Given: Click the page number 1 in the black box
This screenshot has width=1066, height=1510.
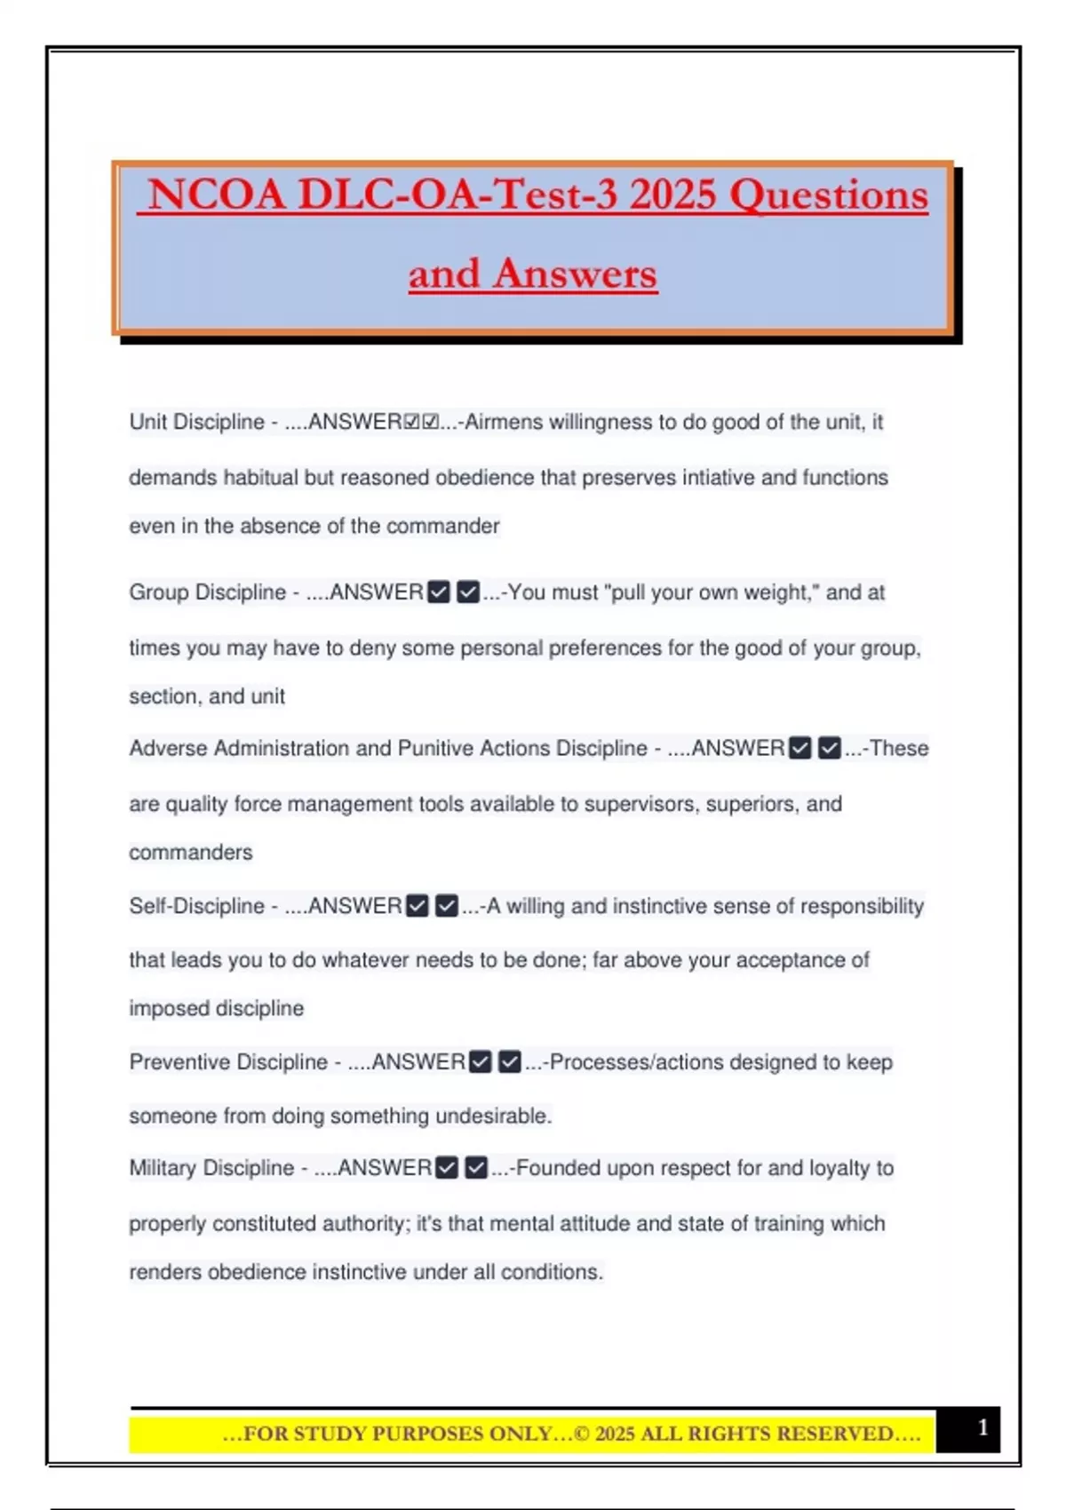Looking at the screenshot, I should pyautogui.click(x=982, y=1427).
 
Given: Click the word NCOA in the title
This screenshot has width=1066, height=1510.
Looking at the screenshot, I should pyautogui.click(x=216, y=195).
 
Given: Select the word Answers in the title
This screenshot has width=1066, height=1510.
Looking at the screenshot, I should pyautogui.click(x=576, y=274).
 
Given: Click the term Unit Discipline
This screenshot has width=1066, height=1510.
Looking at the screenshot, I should pyautogui.click(x=196, y=422).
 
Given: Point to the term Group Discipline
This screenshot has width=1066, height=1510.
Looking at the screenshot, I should pyautogui.click(x=207, y=592).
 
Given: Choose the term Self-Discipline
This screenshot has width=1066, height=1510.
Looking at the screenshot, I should pyautogui.click(x=196, y=906).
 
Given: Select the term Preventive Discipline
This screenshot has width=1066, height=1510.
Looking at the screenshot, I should pyautogui.click(x=228, y=1062).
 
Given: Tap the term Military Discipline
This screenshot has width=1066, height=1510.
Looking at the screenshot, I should pyautogui.click(x=211, y=1168).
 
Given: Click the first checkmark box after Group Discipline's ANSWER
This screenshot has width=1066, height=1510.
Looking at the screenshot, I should pyautogui.click(x=439, y=592).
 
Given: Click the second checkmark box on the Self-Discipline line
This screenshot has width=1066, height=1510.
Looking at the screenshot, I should pyautogui.click(x=447, y=906).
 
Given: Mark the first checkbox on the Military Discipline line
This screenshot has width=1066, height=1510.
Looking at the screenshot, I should pyautogui.click(x=448, y=1168).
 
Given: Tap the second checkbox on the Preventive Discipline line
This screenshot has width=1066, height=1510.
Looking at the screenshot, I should pyautogui.click(x=510, y=1062).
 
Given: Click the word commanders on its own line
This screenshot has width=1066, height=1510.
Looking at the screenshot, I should pyautogui.click(x=190, y=853).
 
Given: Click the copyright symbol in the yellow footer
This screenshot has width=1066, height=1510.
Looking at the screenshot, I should pyautogui.click(x=582, y=1434).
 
